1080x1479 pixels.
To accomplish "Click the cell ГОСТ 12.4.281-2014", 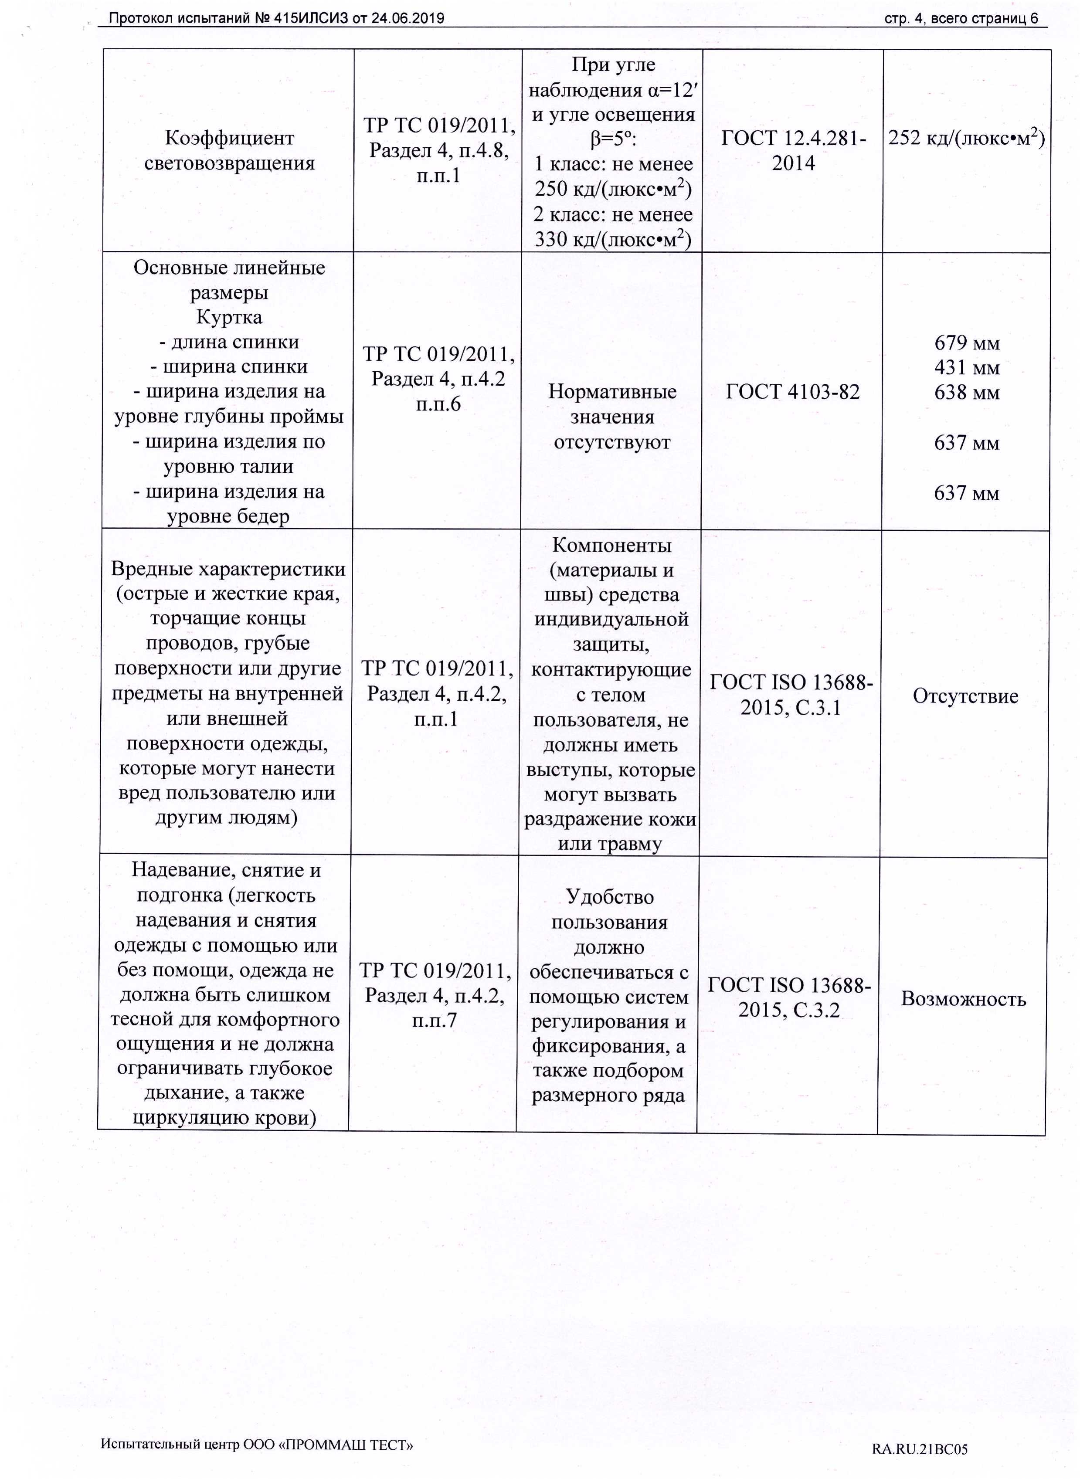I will tap(793, 150).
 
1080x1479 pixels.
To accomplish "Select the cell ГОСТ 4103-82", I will tap(792, 392).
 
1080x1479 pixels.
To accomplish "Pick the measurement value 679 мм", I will tap(967, 343).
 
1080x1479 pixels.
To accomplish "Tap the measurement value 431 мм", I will tap(967, 368).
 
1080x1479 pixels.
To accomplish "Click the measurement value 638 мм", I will tap(967, 393).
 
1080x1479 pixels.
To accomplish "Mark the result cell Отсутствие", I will tap(965, 696).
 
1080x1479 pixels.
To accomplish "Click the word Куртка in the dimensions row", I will tap(229, 318).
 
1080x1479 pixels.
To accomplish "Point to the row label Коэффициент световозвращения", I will tap(229, 150).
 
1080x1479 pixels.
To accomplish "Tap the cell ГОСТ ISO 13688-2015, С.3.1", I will tap(791, 695).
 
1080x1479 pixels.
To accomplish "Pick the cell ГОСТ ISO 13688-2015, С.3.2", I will tap(789, 997).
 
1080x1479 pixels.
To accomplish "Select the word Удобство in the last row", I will tap(609, 897).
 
